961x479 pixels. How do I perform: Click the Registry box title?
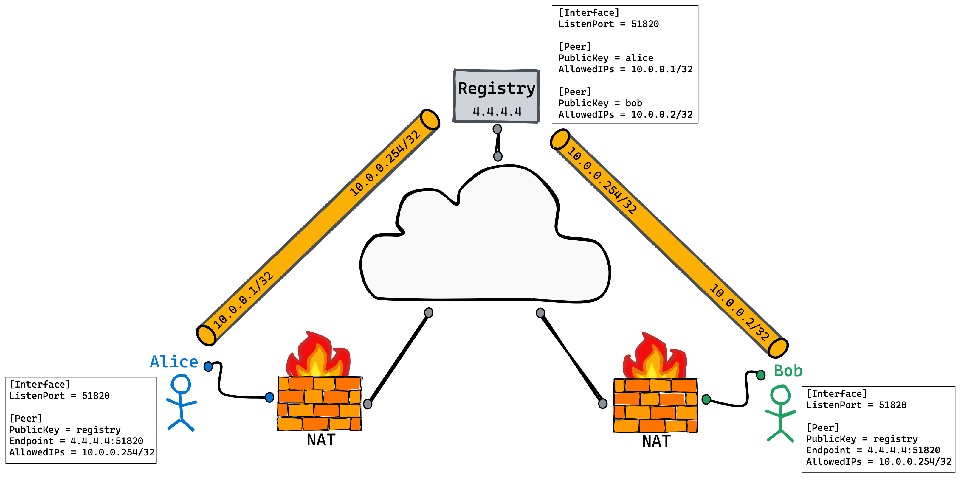[496, 89]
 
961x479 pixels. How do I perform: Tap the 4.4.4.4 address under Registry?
[497, 111]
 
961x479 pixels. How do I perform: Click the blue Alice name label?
[174, 362]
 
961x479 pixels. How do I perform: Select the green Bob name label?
[788, 371]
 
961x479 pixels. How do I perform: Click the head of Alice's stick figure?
[181, 384]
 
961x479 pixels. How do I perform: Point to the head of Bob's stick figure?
[780, 394]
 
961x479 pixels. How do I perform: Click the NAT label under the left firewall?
[321, 440]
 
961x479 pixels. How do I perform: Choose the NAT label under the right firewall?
[656, 441]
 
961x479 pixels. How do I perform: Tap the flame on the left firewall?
[317, 356]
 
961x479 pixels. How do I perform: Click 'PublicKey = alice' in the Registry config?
[605, 58]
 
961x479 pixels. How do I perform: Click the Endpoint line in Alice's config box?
[76, 441]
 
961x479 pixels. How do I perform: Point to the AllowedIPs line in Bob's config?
[878, 461]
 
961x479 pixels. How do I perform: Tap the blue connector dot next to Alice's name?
[208, 366]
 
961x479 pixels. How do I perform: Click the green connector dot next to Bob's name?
[761, 375]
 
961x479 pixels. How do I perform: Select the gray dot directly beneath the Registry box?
[497, 129]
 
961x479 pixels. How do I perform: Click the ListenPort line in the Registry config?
[608, 24]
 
